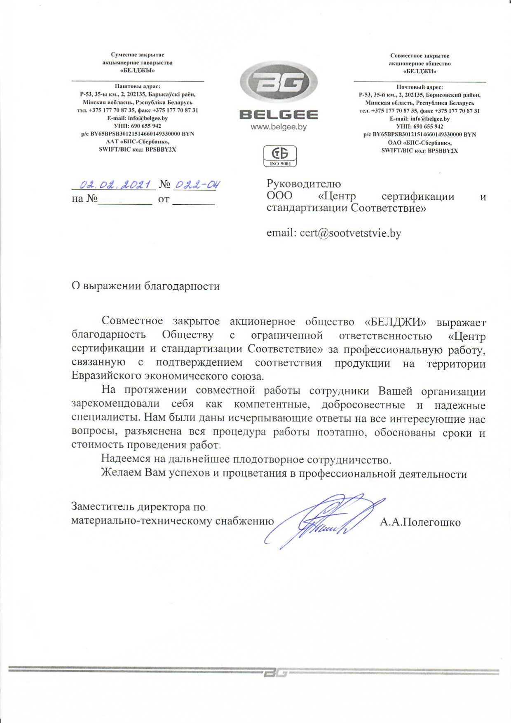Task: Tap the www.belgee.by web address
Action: pyautogui.click(x=279, y=127)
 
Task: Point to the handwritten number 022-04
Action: pyautogui.click(x=196, y=185)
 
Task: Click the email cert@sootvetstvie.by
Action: pyautogui.click(x=334, y=233)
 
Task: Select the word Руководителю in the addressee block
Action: pyautogui.click(x=304, y=184)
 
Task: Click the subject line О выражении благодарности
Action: pyautogui.click(x=145, y=286)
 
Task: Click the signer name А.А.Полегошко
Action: pyautogui.click(x=420, y=522)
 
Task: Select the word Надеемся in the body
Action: pyautogui.click(x=126, y=459)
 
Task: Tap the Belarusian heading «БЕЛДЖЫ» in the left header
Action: pyautogui.click(x=137, y=70)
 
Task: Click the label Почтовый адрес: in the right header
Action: pyautogui.click(x=420, y=87)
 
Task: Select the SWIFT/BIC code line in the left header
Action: pyautogui.click(x=137, y=150)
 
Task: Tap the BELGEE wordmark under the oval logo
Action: pyautogui.click(x=279, y=115)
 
